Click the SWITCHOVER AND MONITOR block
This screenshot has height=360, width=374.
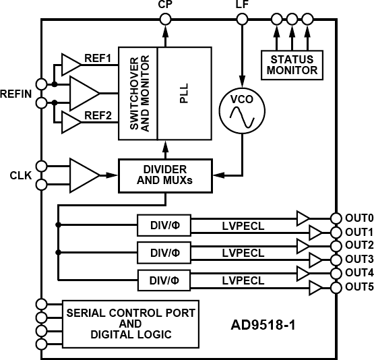[x=138, y=93]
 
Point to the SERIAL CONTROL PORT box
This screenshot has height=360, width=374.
[x=131, y=324]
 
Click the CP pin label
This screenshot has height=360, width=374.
[x=165, y=6]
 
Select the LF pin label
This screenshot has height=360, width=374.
[x=242, y=6]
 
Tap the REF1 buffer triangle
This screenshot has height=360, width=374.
[x=69, y=65]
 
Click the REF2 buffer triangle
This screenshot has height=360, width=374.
[x=69, y=121]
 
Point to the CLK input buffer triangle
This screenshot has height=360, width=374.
[x=83, y=174]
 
